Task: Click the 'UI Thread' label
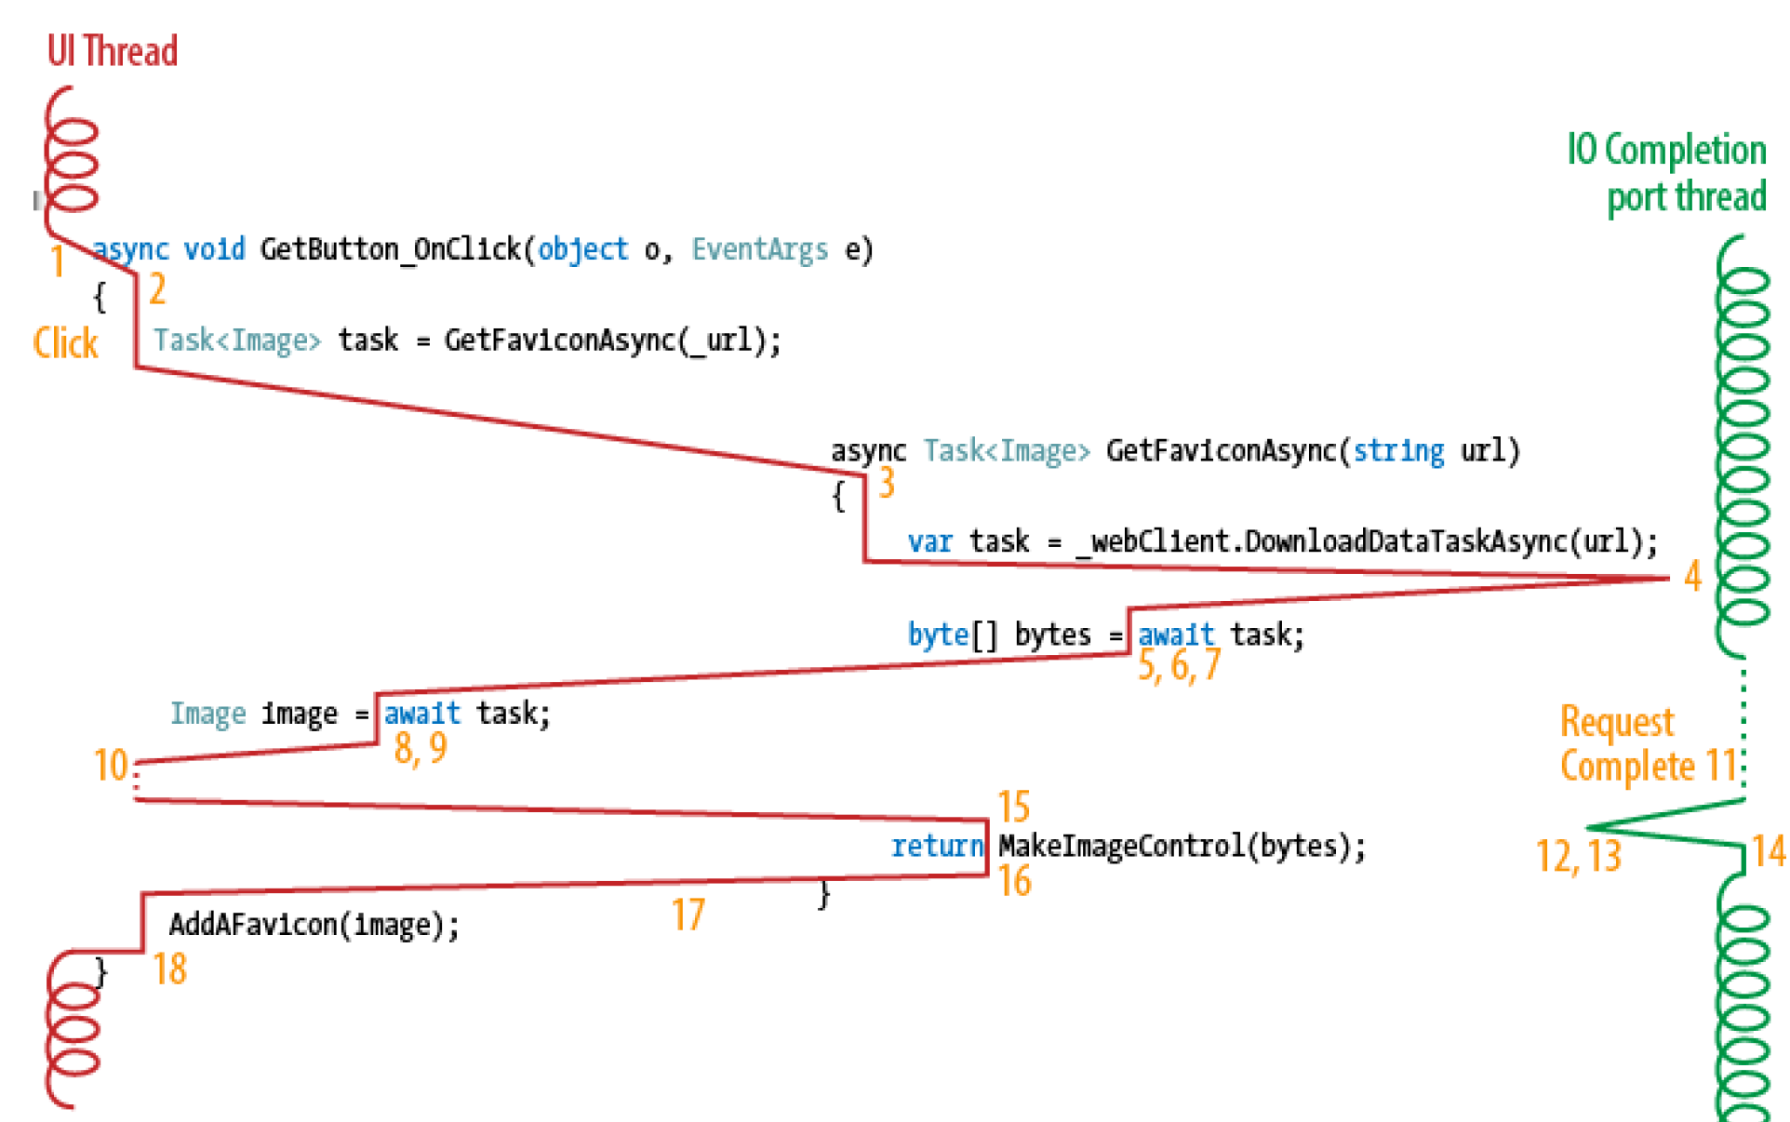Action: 112,51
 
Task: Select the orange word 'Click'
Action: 65,343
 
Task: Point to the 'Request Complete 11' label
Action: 1648,743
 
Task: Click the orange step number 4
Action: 1692,576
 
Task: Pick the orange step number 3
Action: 887,483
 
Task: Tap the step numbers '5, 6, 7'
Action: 1179,665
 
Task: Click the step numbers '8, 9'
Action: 421,747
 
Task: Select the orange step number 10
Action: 111,765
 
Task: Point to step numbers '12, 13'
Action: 1578,856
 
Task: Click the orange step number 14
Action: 1768,850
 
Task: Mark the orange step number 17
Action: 688,915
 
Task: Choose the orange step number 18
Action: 170,968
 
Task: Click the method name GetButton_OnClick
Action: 391,249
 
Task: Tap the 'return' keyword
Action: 937,846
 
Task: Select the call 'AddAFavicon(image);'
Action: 314,925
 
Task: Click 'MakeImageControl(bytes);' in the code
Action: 1182,846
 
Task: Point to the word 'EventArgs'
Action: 759,249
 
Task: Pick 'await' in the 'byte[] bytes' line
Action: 1176,634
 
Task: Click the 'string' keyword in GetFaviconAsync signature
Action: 1398,451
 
